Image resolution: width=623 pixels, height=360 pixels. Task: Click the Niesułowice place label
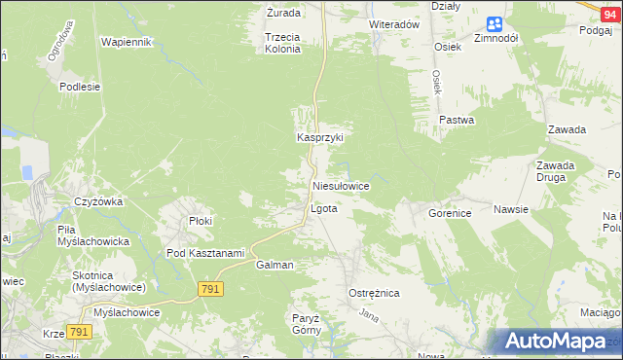[x=340, y=185]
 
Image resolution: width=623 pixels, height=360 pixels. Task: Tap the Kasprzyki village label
[x=320, y=138]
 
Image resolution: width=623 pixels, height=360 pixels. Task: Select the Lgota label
[x=323, y=209]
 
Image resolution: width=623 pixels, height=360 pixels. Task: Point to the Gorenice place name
[x=450, y=211]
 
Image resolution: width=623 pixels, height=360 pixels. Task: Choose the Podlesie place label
[x=80, y=87]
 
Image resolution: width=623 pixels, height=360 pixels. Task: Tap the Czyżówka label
[x=97, y=201]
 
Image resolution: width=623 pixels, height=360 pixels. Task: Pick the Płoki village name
[x=201, y=221]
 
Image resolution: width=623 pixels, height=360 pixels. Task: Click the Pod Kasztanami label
[x=204, y=253]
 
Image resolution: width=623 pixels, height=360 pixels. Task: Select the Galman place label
[x=275, y=265]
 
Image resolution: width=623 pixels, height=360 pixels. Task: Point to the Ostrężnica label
[x=374, y=293]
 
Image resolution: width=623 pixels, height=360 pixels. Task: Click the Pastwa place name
[x=457, y=121]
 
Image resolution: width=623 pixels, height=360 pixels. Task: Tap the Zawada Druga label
[x=555, y=171]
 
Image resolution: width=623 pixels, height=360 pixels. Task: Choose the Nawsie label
[x=510, y=209]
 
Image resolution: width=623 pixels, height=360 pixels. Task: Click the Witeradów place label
[x=394, y=23]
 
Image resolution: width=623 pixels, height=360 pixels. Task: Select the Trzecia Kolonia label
[x=282, y=43]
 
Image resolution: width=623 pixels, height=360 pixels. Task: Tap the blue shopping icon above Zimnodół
[x=495, y=23]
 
